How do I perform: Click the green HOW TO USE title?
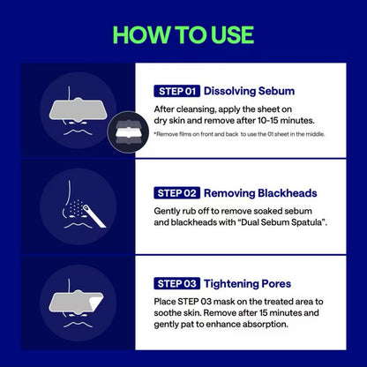pos(183,34)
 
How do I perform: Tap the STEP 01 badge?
pos(176,91)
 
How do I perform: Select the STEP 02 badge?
pos(177,192)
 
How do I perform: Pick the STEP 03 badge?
pos(177,283)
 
